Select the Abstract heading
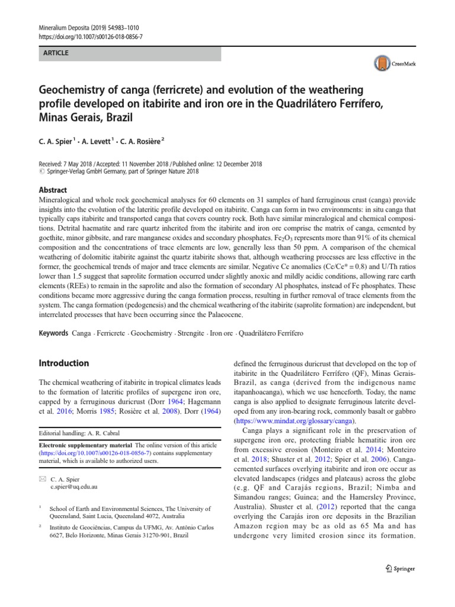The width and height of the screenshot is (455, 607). coord(54,190)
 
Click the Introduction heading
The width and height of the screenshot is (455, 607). coord(63,363)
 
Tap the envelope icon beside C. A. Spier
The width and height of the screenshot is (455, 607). coord(41,477)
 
